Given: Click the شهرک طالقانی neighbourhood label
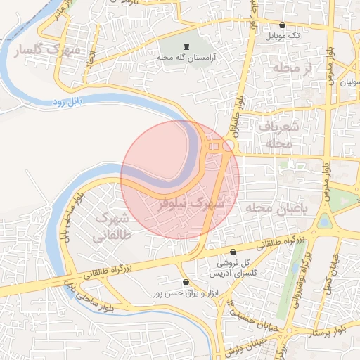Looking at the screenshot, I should pyautogui.click(x=112, y=226).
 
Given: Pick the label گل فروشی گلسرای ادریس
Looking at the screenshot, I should pyautogui.click(x=236, y=266).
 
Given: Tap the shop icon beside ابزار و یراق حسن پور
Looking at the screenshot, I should pyautogui.click(x=186, y=282).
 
